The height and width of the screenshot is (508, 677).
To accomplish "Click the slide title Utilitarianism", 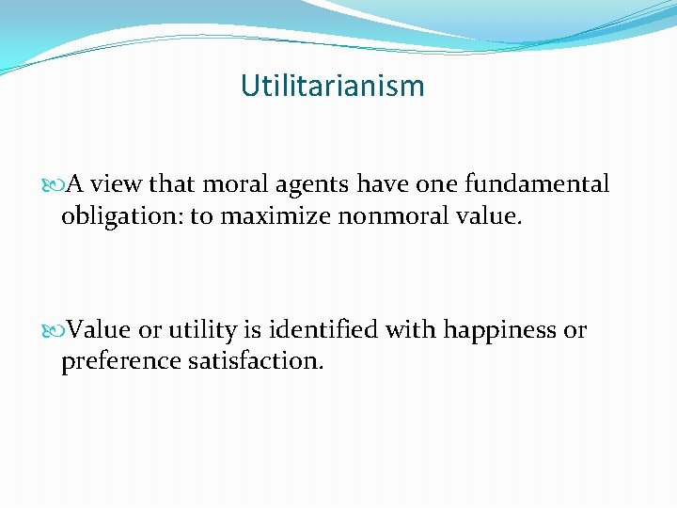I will pos(332,87).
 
